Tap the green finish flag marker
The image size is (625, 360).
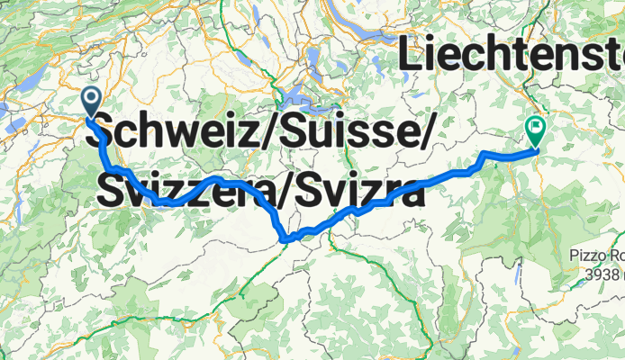coord(534,132)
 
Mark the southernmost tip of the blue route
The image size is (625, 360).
coord(285,240)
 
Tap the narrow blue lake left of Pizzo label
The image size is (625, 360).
coord(521,269)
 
